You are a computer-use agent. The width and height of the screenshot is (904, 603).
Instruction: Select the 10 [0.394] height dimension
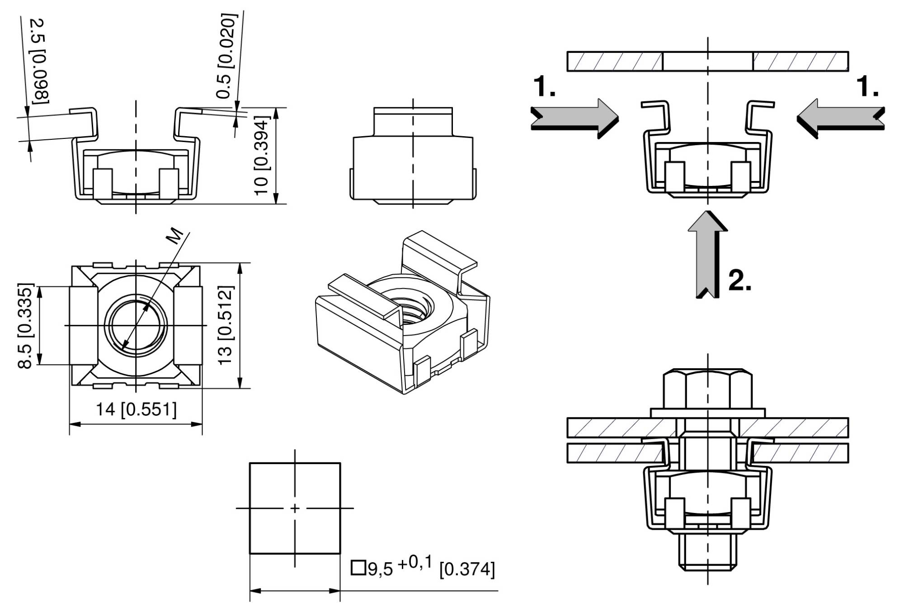[x=262, y=156]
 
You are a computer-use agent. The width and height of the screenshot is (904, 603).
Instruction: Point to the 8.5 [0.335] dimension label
[x=25, y=325]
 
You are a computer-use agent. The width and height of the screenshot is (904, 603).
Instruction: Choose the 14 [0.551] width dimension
[x=136, y=410]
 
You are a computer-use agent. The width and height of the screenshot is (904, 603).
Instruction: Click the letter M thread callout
[x=176, y=236]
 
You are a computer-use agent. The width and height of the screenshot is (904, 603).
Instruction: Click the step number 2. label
[x=740, y=281]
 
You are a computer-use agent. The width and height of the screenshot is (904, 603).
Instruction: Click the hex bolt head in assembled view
[x=708, y=389]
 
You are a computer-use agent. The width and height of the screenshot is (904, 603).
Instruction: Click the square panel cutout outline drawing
[x=295, y=508]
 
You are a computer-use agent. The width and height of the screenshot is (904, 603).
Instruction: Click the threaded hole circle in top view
[x=136, y=326]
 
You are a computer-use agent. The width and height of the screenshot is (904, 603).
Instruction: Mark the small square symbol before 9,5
[x=358, y=568]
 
